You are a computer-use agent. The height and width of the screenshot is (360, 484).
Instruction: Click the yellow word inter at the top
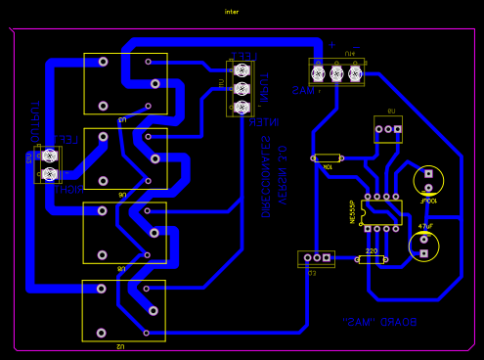[232, 12]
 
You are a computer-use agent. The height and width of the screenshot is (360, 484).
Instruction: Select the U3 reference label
[123, 118]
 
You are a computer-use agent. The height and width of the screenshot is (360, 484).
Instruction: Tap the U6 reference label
[123, 195]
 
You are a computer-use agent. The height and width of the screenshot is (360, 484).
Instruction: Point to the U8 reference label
[123, 267]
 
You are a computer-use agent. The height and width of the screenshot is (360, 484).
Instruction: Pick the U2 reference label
[121, 346]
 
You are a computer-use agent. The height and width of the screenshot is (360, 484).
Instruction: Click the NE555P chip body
[381, 212]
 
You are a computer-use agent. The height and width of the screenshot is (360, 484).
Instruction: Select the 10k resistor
[327, 157]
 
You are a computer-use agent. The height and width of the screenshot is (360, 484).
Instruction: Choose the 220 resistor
[371, 259]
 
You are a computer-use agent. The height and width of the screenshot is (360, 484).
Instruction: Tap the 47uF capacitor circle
[423, 245]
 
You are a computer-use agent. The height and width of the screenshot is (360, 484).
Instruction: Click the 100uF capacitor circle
[428, 180]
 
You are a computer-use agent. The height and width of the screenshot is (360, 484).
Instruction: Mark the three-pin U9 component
[388, 128]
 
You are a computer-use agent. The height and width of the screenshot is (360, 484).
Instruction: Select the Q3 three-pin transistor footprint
[316, 258]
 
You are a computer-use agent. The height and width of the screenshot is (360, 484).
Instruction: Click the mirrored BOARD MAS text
[380, 321]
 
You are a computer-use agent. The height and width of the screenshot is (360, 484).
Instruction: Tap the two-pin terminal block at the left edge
[48, 164]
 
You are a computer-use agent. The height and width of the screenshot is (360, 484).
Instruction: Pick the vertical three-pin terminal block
[241, 88]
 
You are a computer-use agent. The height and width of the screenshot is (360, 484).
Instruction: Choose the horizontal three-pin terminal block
[336, 72]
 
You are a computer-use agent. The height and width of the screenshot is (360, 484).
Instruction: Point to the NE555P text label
[353, 211]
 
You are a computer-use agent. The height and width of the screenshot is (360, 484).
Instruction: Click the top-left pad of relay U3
[103, 61]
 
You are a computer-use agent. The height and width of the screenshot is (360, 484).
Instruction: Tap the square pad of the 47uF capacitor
[423, 253]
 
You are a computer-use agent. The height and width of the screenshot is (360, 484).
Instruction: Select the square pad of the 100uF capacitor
[428, 188]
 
